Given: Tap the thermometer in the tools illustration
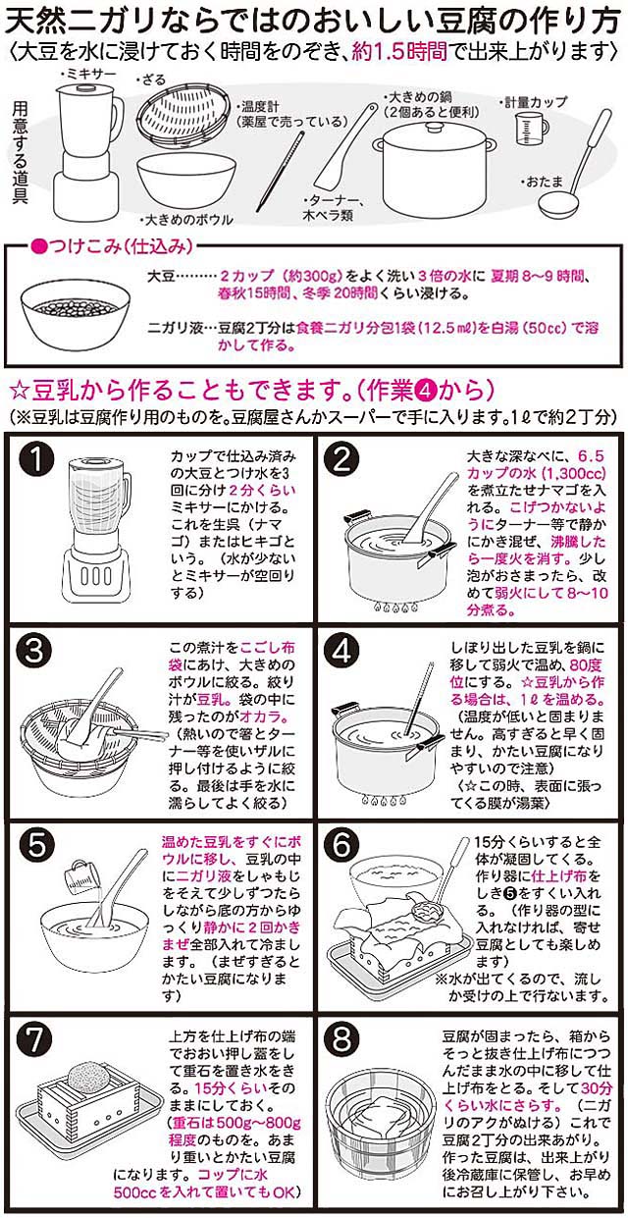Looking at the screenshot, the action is [x=280, y=171].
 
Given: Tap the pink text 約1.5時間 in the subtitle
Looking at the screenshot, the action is [x=398, y=52].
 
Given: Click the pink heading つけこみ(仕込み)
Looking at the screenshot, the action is [x=112, y=247].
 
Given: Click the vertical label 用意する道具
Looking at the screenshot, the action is [x=21, y=153].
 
